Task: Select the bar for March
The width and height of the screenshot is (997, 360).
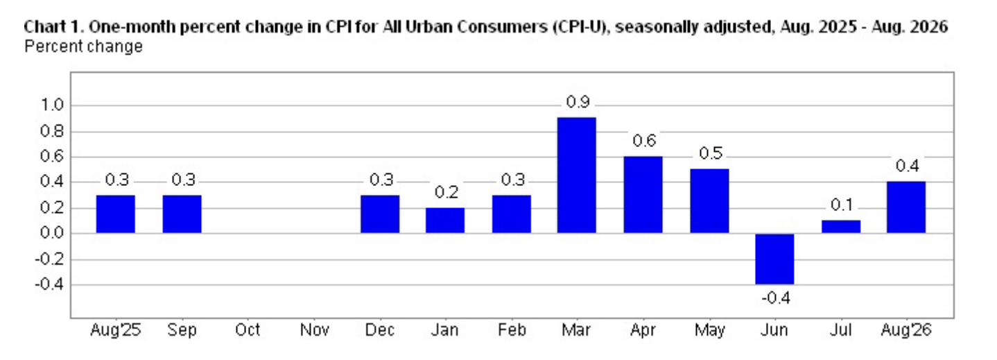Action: coord(576,175)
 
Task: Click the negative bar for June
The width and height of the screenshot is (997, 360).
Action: coord(774,259)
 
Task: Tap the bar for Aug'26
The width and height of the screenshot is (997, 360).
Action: coord(906,207)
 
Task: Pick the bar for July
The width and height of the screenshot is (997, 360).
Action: coord(841,226)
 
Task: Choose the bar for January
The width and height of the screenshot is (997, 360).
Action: coord(445,220)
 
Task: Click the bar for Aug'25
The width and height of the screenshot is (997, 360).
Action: coord(116,214)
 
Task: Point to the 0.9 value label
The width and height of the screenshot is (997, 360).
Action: coord(578,102)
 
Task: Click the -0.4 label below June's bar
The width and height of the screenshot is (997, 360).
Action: coord(776,298)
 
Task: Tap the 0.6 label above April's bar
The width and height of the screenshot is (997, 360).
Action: coord(644,141)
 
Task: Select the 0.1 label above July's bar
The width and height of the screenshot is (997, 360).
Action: coord(842,205)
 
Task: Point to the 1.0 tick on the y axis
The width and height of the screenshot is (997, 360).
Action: coord(52,105)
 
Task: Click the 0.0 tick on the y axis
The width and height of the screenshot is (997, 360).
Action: coord(52,233)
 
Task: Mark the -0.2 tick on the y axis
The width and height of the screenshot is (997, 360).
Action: coord(49,259)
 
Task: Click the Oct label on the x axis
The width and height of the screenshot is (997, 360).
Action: coord(248,330)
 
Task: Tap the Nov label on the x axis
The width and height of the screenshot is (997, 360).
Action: coord(314,330)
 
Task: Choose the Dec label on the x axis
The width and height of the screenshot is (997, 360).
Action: coord(380,330)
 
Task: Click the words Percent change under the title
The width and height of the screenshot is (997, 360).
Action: coord(84,46)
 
